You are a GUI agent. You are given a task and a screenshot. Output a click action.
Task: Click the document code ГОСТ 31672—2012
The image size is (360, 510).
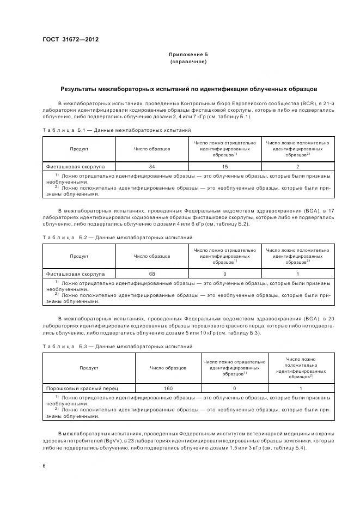(x=70, y=39)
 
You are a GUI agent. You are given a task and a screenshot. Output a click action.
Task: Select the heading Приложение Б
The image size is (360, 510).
(x=188, y=54)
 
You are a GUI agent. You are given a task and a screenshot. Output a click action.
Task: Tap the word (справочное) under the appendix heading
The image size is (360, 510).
(x=188, y=62)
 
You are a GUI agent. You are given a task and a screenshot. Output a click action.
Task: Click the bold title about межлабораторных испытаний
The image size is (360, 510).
(x=188, y=88)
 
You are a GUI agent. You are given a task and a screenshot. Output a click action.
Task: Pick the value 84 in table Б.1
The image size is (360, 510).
(x=152, y=166)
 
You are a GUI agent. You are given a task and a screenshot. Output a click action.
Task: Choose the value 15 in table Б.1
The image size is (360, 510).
(x=225, y=166)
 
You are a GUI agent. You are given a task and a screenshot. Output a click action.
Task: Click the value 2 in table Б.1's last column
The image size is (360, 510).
(x=298, y=166)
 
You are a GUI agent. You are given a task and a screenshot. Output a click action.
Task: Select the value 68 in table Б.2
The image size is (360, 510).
(x=152, y=274)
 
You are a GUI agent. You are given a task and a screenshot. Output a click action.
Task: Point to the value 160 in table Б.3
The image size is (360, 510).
(x=168, y=388)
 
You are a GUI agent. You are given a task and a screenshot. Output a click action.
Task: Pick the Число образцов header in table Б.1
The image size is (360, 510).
(x=152, y=149)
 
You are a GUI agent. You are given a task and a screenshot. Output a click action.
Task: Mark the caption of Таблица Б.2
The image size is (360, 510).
(x=117, y=238)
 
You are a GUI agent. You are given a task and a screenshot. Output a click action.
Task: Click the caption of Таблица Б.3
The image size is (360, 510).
(x=117, y=346)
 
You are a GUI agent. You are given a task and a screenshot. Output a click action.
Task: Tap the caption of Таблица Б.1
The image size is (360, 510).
(x=117, y=130)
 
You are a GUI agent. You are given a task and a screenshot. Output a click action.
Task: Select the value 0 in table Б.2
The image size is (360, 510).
(x=225, y=274)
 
